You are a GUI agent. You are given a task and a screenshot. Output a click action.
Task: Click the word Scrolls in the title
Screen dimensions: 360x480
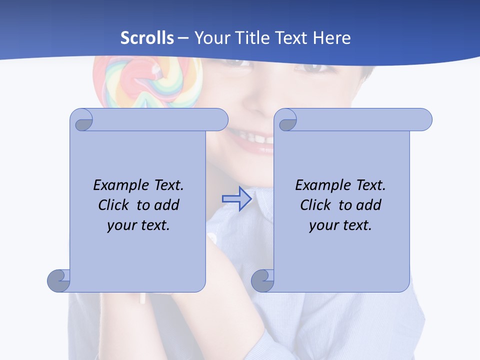(147, 38)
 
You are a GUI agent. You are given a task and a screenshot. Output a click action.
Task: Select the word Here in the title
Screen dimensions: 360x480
(332, 38)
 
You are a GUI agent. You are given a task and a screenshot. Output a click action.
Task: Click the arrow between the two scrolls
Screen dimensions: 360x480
(236, 199)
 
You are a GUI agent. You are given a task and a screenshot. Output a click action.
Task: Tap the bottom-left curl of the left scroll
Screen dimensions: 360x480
(59, 280)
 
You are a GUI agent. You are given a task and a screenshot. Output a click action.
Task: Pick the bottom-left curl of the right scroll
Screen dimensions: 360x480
(262, 280)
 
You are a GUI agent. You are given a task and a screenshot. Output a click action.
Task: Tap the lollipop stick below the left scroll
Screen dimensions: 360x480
(142, 298)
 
